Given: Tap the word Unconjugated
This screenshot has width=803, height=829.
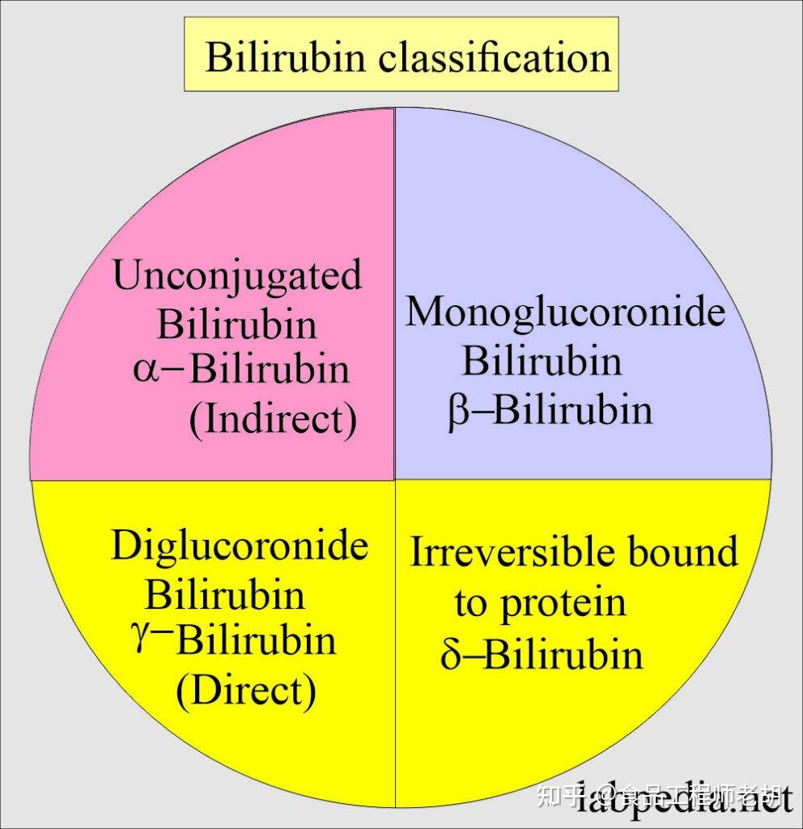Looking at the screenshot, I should (x=237, y=277).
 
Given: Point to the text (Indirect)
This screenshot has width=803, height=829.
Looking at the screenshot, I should (x=273, y=419).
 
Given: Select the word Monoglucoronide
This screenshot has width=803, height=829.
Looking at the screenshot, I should (x=565, y=312).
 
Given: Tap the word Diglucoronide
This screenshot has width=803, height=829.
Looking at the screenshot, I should (x=240, y=546).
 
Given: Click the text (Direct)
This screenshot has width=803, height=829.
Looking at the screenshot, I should (x=245, y=690).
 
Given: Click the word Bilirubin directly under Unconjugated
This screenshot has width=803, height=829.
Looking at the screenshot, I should (x=236, y=325).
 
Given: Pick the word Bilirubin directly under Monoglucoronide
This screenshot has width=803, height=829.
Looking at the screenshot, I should (x=542, y=361).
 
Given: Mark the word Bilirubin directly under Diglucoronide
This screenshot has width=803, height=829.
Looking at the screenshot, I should (x=225, y=594).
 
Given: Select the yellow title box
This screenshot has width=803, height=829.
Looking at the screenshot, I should (x=401, y=54).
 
